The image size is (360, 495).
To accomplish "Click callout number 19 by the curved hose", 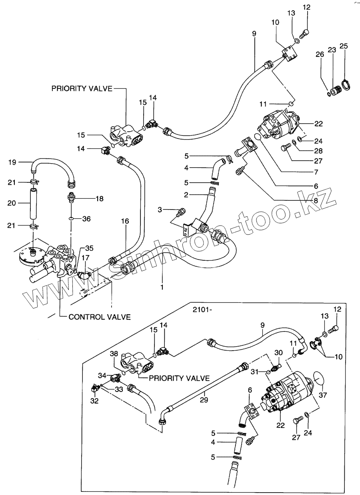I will point(12,162).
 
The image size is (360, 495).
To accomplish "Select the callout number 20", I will point(12,203).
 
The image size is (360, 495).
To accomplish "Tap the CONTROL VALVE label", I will point(100,317).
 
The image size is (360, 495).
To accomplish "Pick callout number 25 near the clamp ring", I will point(343,46).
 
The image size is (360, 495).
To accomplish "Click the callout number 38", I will point(114,354).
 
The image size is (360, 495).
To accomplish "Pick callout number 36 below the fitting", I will point(87,219).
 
